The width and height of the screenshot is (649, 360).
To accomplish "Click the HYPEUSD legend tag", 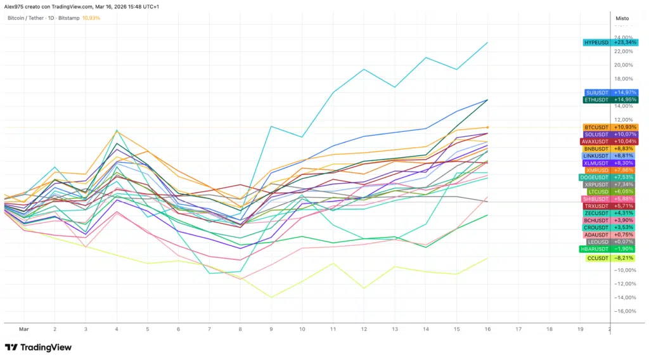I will coord(611,42).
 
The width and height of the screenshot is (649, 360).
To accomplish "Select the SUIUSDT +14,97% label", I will coord(611,93).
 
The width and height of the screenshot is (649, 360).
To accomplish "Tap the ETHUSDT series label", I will coord(611,100).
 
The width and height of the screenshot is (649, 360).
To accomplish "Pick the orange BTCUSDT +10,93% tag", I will coord(611,127).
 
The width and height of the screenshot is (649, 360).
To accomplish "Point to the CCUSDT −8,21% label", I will coord(611,258).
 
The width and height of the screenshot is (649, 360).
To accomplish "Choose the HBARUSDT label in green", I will coord(611,249).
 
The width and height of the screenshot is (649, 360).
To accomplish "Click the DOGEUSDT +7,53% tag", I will coord(611,177).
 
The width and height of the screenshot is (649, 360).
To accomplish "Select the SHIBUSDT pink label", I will coord(611,199).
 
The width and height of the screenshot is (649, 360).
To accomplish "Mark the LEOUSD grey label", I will coord(611,241).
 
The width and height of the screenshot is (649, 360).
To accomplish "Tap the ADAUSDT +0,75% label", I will coord(611,235).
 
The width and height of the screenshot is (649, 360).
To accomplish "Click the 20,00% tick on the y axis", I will coord(623,65).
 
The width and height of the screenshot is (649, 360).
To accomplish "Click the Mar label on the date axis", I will coord(24,330).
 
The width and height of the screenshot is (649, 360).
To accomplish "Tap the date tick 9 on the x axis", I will coord(271,330).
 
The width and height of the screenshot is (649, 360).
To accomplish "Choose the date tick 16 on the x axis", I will coord(487,330).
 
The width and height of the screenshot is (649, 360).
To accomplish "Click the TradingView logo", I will coord(38,347).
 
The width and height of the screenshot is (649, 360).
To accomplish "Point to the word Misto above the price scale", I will coord(622,18).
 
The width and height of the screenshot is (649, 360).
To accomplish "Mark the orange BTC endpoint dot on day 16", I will coord(487,127).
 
